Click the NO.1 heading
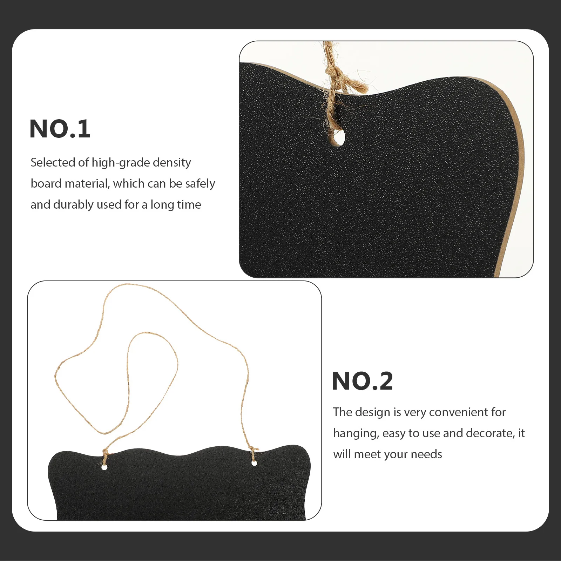[60, 129]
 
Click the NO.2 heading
[362, 381]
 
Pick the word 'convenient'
[458, 412]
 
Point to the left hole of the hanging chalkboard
[104, 467]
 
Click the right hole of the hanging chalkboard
[254, 463]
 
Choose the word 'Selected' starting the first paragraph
[53, 163]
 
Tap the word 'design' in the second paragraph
[372, 412]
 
